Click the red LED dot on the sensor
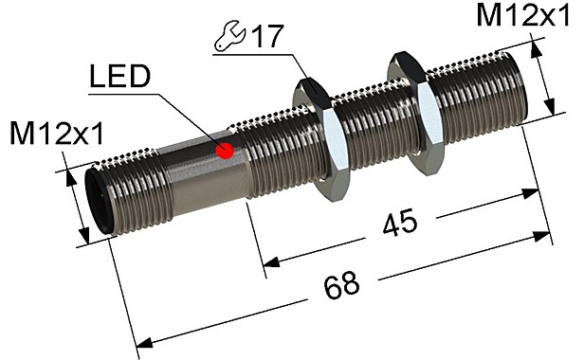click(226, 151)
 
